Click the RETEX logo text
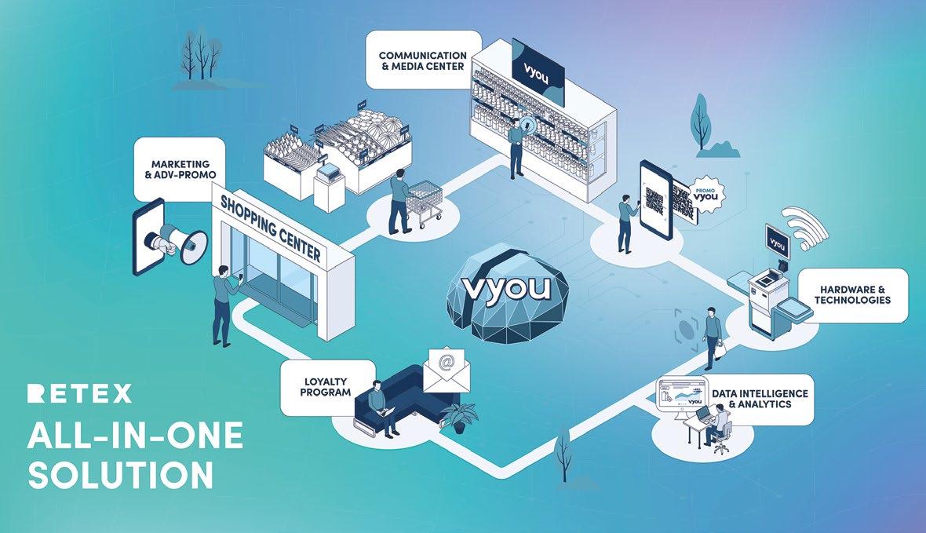coord(79,394)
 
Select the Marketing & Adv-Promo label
coord(179,170)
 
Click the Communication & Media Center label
coord(423,60)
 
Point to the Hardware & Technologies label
coord(852,294)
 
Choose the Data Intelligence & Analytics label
coord(758,399)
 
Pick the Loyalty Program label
coord(326,387)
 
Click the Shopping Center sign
coord(270,228)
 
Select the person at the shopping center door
coord(224,303)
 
